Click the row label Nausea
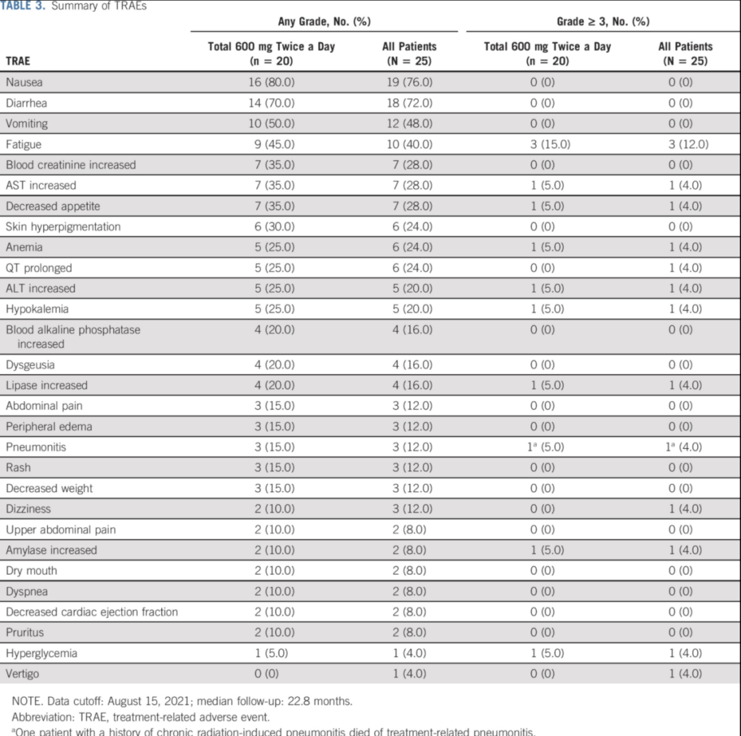pyautogui.click(x=24, y=82)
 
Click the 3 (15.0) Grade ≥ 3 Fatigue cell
pyautogui.click(x=547, y=144)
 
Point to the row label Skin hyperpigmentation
pyautogui.click(x=63, y=227)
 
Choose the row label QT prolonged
pyautogui.click(x=38, y=268)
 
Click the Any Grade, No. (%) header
pyautogui.click(x=324, y=21)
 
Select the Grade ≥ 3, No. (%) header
pyautogui.click(x=603, y=21)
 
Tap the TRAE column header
pyautogui.click(x=18, y=60)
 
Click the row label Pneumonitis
pyautogui.click(x=36, y=447)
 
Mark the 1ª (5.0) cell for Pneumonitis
pyautogui.click(x=547, y=447)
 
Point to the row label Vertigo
pyautogui.click(x=22, y=674)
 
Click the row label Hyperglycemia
pyautogui.click(x=41, y=653)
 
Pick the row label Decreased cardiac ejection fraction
pyautogui.click(x=92, y=612)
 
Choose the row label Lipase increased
pyautogui.click(x=47, y=385)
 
